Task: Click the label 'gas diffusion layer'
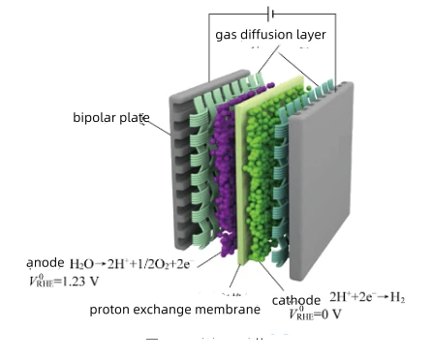pyautogui.click(x=270, y=35)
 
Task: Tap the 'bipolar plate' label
pyautogui.click(x=110, y=118)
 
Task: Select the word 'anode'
pyautogui.click(x=46, y=263)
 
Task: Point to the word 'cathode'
pyautogui.click(x=296, y=300)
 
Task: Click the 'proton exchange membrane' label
pyautogui.click(x=174, y=310)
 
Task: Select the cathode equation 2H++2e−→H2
pyautogui.click(x=367, y=296)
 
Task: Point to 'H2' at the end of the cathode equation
pyautogui.click(x=397, y=297)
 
